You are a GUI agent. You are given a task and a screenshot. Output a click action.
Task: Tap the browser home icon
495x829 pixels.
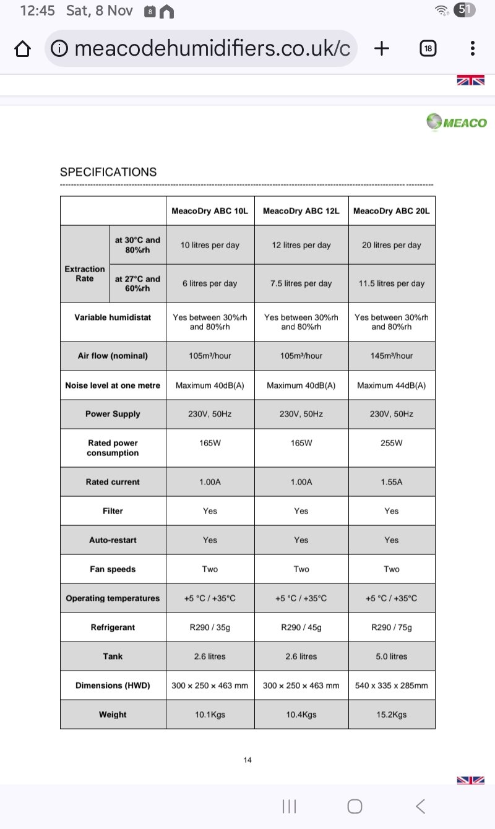coord(22,48)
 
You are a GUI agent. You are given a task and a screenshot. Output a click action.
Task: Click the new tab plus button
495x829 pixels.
coord(382,48)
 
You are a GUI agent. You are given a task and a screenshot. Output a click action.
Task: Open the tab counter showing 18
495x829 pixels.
coord(428,48)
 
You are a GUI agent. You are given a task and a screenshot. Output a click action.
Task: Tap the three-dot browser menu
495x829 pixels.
coord(472,48)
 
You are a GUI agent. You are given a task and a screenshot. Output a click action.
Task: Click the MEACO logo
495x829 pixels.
coord(457,122)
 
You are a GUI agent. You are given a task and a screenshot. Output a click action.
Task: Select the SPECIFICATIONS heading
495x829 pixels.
coord(108,172)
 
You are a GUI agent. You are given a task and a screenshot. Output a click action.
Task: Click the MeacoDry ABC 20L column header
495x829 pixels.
coord(391,211)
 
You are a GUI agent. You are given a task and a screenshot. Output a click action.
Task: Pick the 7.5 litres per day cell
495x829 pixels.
coord(301,283)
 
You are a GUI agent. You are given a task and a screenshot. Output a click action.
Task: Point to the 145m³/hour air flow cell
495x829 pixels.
coord(391,356)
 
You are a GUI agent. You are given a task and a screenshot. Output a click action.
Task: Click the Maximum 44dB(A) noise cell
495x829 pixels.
coord(391,385)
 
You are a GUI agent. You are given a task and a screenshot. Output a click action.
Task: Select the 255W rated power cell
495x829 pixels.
coord(391,443)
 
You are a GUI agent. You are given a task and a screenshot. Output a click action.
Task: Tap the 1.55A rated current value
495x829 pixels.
coord(391,482)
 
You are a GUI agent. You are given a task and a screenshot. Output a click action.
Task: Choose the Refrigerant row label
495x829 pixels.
coord(113,627)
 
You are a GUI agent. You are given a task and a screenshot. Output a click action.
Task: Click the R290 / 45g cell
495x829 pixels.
coord(301,627)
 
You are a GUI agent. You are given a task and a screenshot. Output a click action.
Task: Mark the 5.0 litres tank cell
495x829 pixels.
coord(391,656)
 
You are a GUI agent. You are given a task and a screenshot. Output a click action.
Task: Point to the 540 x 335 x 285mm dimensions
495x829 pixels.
coord(391,685)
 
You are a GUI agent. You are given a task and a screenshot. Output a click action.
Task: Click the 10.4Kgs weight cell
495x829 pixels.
coord(301,715)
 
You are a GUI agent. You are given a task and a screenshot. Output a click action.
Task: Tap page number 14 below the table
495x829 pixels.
coord(247,760)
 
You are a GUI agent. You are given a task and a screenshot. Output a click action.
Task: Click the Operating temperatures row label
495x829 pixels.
coord(113,598)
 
